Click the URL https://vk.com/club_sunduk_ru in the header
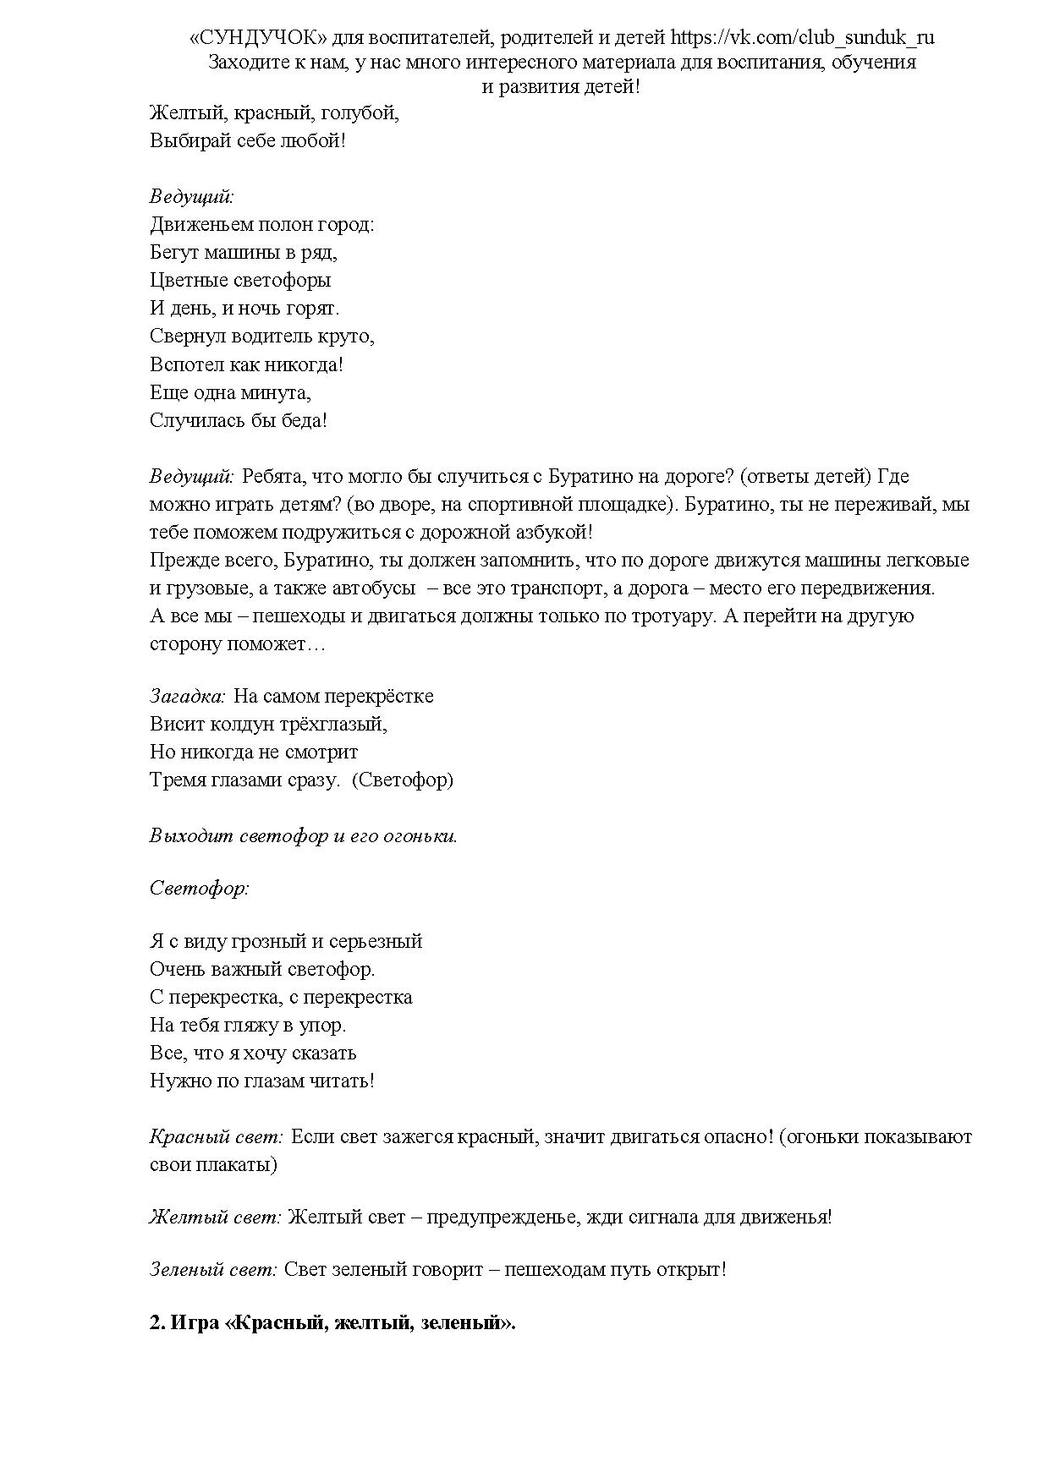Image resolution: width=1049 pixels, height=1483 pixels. [x=802, y=38]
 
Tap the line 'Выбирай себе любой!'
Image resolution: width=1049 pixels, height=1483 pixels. [x=248, y=141]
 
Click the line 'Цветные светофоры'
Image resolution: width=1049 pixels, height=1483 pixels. [x=240, y=281]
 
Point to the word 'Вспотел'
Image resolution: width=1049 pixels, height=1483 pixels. [x=187, y=365]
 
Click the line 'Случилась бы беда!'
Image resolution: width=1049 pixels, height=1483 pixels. [x=238, y=421]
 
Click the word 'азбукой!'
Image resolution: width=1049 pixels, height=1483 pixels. [x=552, y=533]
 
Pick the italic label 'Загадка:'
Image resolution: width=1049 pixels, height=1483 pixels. [x=188, y=697]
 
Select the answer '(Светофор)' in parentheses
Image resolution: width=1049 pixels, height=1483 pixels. [x=403, y=780]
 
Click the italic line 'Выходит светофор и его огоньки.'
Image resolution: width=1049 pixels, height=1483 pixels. [x=304, y=837]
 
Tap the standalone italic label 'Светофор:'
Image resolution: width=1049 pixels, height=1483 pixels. [x=200, y=889]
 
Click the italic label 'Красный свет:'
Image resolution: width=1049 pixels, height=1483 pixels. [x=217, y=1137]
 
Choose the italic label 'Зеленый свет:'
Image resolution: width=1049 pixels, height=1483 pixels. [x=213, y=1271]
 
